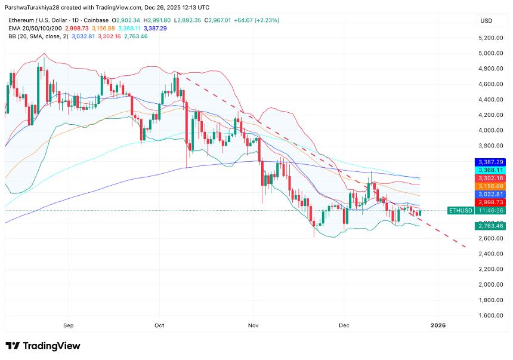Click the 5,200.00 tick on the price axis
[490, 38]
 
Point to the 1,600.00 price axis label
[490, 315]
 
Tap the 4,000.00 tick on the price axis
[490, 130]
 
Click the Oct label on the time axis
[159, 326]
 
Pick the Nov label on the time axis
[254, 326]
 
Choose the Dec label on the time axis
[344, 326]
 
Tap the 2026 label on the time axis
[438, 326]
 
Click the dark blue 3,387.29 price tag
[490, 162]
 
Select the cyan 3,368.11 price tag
[490, 170]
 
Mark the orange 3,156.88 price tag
[490, 186]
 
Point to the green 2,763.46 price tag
[490, 226]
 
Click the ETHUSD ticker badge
[461, 211]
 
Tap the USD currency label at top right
[486, 21]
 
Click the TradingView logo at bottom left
[42, 346]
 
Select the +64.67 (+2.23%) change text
[258, 20]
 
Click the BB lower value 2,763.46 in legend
[135, 36]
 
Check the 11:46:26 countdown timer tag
[490, 211]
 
